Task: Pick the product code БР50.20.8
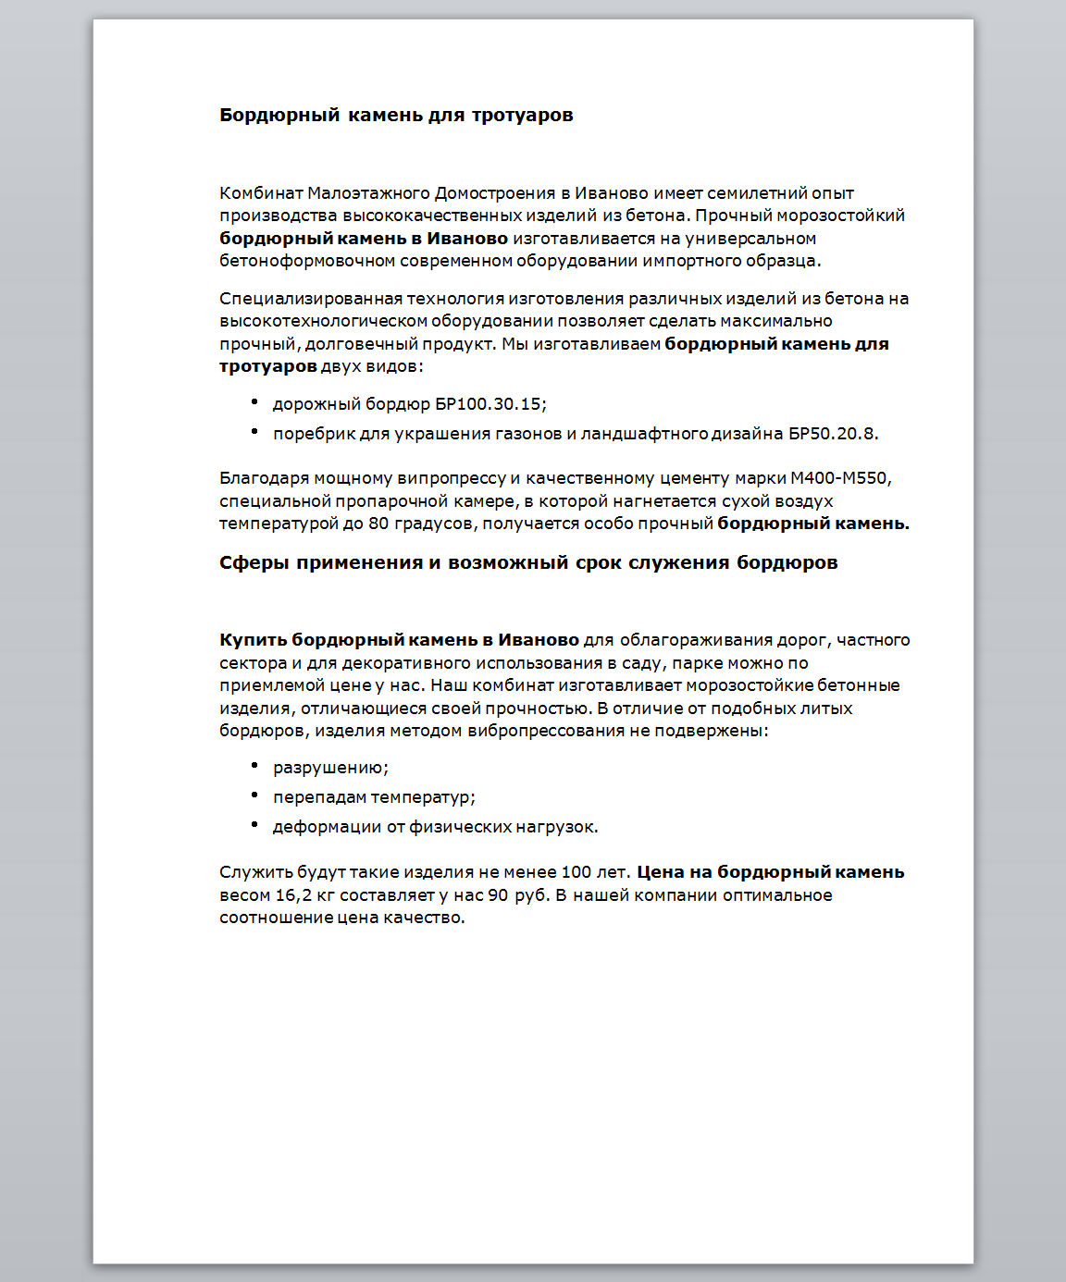[x=832, y=434]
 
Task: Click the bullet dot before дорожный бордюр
[x=254, y=402]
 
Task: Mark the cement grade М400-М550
[x=838, y=479]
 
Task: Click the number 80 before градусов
[x=378, y=524]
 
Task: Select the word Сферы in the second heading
[x=254, y=563]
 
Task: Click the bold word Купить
[x=253, y=640]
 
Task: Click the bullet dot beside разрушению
[x=254, y=766]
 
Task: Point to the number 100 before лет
[x=576, y=872]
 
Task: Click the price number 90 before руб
[x=498, y=895]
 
